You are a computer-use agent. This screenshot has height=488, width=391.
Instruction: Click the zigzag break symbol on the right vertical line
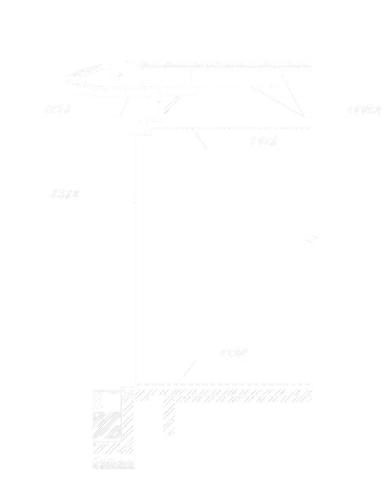pos(312,240)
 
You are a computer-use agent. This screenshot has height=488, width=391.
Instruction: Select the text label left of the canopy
pos(58,110)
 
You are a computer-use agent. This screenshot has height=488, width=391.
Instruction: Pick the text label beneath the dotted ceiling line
pos(264,141)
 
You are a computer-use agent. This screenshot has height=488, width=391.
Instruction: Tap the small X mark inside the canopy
pos(120,74)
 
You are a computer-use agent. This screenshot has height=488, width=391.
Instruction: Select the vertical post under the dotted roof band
pos(188,78)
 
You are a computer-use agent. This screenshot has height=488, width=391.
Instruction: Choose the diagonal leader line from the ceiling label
pos(200,138)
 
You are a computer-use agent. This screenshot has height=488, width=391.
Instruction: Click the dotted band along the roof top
pos(224,66)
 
